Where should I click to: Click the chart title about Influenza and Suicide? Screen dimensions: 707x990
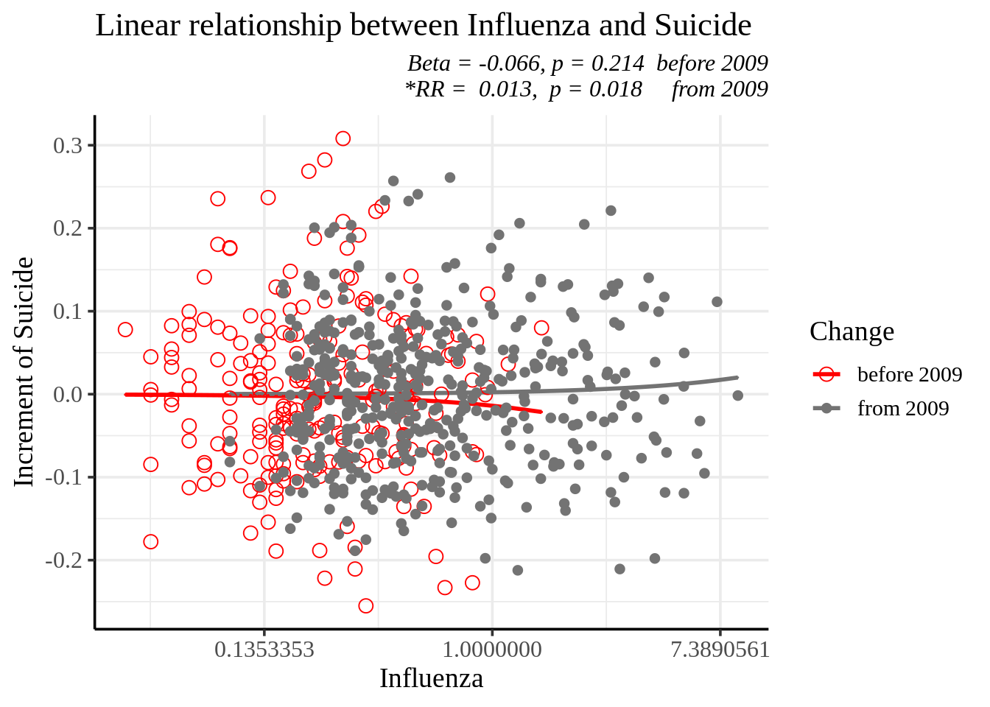coord(423,26)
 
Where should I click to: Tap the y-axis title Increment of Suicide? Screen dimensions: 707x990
coord(24,372)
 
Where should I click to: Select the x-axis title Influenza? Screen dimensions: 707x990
coord(431,678)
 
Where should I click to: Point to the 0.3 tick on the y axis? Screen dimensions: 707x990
coord(68,145)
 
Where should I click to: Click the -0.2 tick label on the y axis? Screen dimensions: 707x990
coord(63,560)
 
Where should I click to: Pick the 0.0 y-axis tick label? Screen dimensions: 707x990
coord(68,394)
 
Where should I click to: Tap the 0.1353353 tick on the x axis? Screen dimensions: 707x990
coord(264,650)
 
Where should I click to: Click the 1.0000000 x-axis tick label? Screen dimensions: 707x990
coord(492,650)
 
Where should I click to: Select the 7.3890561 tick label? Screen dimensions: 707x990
coord(720,650)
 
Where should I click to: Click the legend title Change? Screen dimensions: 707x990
coord(852,331)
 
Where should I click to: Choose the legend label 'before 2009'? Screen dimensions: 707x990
coord(909,374)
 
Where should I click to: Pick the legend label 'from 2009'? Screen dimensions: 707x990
coord(903,408)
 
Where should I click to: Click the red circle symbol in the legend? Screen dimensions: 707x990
coord(826,374)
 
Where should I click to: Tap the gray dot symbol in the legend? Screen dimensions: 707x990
coord(826,408)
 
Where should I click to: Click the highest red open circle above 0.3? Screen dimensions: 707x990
coord(343,138)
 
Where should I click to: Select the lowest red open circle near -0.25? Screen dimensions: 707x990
coord(365,606)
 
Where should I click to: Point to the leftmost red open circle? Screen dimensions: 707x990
coord(125,329)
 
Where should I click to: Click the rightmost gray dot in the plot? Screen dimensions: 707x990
coord(737,395)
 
